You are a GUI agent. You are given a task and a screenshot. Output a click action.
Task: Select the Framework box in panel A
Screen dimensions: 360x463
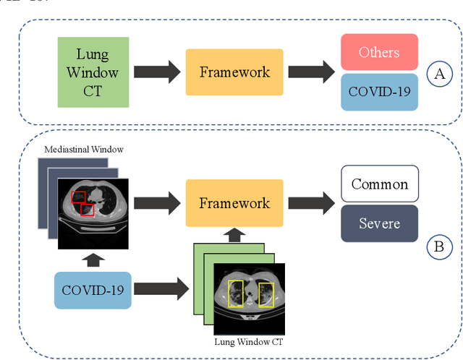coord(235,72)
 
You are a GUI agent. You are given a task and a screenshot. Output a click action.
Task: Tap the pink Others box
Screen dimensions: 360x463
coord(379,52)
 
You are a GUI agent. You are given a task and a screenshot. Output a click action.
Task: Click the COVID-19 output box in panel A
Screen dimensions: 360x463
coord(379,92)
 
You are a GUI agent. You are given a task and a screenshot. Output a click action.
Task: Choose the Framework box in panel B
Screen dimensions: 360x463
coord(235,203)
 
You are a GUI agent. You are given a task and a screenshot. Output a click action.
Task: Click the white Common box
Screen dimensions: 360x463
coord(380,184)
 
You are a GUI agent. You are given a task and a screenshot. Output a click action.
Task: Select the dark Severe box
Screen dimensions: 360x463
coord(380,223)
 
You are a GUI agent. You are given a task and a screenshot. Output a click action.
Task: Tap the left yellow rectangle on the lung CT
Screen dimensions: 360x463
coord(236,293)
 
